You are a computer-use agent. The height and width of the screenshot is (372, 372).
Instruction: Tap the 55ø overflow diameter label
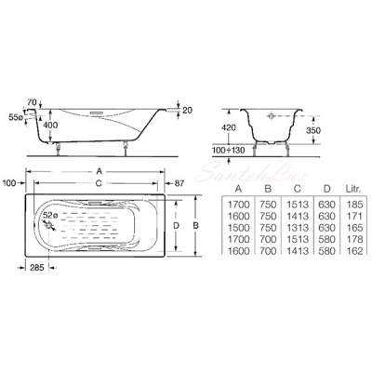click(17, 117)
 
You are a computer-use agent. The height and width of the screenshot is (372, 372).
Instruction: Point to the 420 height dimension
click(229, 127)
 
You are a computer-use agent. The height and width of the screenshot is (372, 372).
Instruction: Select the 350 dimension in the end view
click(312, 130)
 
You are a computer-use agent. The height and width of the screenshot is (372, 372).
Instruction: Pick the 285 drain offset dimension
click(37, 267)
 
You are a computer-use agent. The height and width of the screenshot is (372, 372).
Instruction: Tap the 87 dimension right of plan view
click(179, 183)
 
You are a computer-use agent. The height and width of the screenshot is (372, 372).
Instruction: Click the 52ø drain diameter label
click(50, 215)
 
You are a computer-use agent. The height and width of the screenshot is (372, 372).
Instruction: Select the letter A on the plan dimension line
click(100, 171)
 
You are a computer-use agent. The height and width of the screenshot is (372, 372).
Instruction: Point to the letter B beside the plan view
click(195, 226)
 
